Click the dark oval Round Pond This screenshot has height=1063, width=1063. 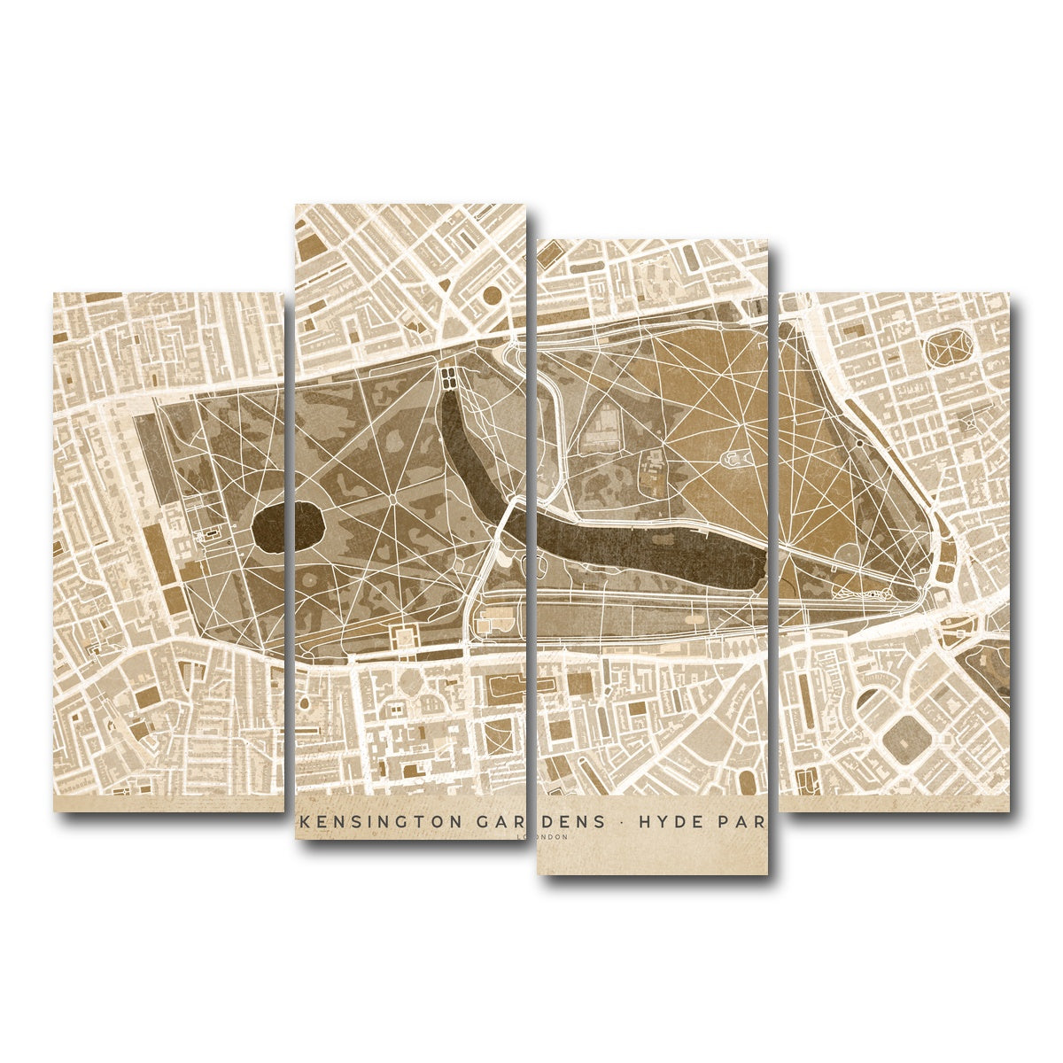tap(287, 527)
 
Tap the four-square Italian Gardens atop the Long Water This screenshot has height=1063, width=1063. tap(450, 378)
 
